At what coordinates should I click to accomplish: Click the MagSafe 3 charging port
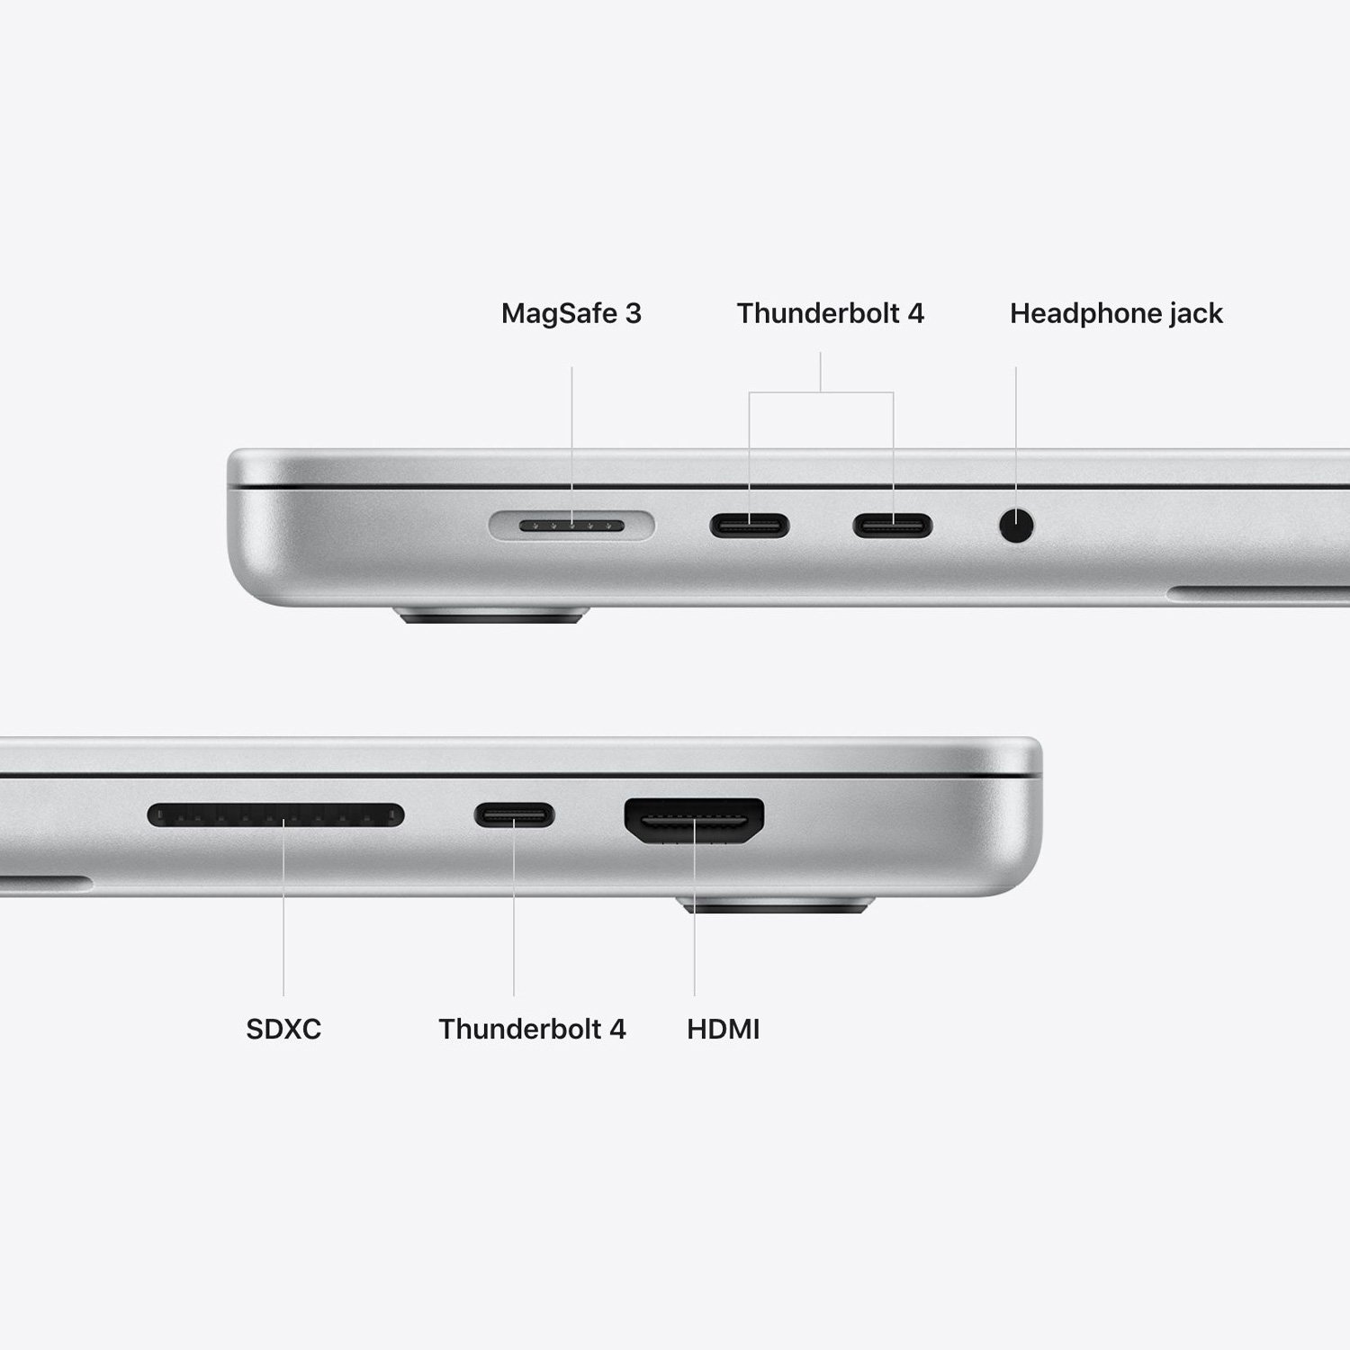coord(572,526)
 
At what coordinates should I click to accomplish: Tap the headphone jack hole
coord(1016,526)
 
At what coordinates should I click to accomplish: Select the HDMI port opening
coord(694,820)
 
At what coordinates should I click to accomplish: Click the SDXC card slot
coord(275,816)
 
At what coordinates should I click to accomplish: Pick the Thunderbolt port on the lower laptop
coord(514,816)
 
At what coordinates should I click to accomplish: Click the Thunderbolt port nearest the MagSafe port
coord(749,526)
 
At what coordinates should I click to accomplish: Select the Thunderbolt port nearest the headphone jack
coord(893,526)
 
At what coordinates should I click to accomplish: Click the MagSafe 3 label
coord(571,313)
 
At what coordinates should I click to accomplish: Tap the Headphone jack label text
coord(1116,313)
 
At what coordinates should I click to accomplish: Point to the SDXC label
coord(283,1029)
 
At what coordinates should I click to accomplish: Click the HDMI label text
coord(723,1029)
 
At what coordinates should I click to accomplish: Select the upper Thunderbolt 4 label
coord(830,313)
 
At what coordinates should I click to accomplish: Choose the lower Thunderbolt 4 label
coord(532,1029)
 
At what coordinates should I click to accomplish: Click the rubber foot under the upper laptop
coord(491,617)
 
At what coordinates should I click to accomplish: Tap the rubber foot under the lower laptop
coord(775,905)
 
